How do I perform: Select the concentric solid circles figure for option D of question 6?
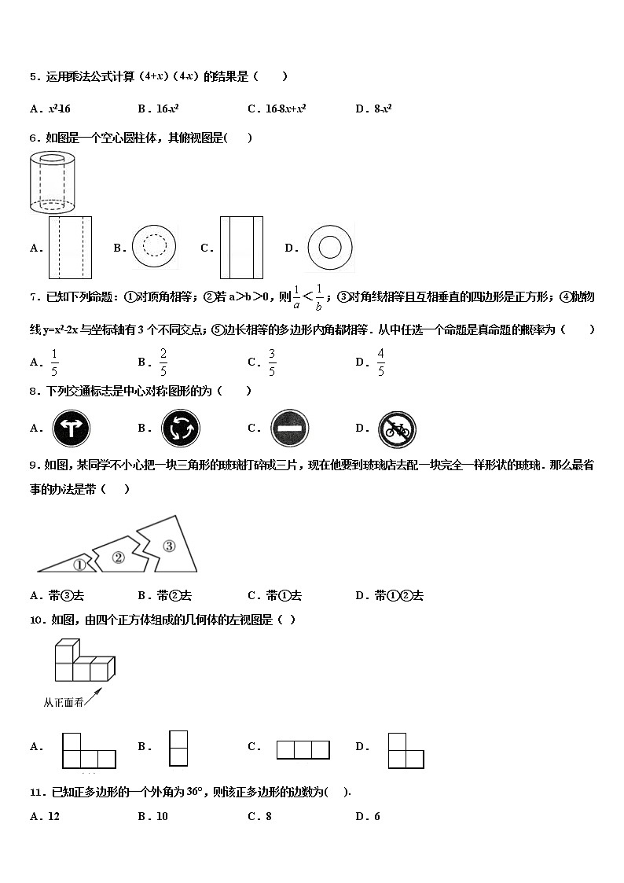point(330,248)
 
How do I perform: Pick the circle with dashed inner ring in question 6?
point(154,247)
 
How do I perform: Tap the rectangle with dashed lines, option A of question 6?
point(70,248)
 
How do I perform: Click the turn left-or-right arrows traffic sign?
point(72,429)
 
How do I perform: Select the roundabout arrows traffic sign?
point(181,429)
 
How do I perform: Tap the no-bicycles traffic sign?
point(397,429)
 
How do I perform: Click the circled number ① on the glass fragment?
point(79,564)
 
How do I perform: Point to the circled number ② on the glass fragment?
point(119,557)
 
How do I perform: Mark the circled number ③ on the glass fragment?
point(168,545)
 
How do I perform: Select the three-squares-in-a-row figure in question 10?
point(303,749)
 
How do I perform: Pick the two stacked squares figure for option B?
point(178,748)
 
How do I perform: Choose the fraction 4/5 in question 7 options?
point(380,362)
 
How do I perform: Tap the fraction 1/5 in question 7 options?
point(54,362)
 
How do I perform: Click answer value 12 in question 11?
point(53,816)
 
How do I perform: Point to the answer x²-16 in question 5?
point(60,109)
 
